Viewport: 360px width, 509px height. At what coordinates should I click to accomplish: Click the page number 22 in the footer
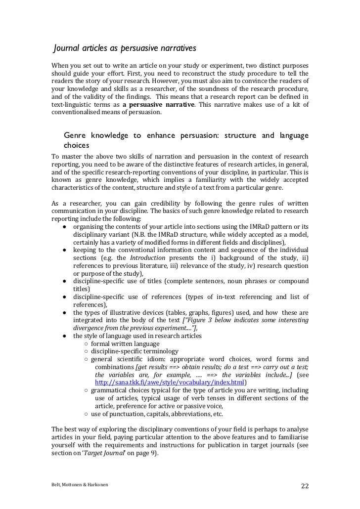tap(305, 485)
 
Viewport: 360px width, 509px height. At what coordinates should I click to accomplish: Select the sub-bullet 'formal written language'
tap(125, 343)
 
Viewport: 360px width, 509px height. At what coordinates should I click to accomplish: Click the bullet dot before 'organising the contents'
tap(65, 226)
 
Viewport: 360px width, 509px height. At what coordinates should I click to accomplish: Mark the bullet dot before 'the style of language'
tap(65, 336)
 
